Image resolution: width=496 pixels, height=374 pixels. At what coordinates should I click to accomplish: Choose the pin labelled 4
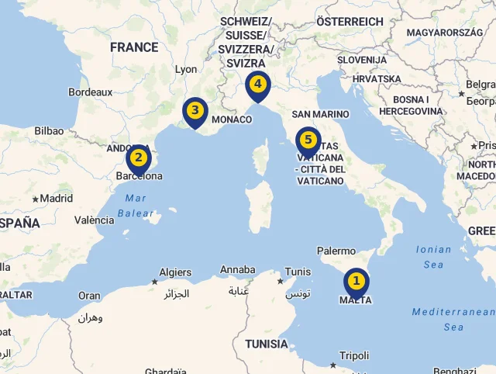click(x=257, y=85)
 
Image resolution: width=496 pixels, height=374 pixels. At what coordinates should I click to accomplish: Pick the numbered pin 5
click(x=308, y=140)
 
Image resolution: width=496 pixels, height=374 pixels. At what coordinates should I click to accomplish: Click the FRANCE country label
click(x=134, y=47)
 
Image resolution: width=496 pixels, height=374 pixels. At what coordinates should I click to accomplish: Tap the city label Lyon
click(x=186, y=69)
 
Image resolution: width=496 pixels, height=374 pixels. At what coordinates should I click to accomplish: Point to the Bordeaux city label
click(x=91, y=92)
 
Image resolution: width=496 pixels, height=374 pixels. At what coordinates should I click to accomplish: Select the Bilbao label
click(x=49, y=131)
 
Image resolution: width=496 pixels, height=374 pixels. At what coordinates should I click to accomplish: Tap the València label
click(x=94, y=220)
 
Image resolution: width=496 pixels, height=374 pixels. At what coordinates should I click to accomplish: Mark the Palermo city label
click(x=336, y=251)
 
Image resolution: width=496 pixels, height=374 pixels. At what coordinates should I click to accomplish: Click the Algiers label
click(x=175, y=272)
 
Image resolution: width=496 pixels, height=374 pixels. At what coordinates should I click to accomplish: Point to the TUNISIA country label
click(x=266, y=344)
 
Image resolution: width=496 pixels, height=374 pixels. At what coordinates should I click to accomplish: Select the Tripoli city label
click(x=354, y=355)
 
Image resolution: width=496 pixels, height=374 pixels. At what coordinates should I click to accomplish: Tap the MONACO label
click(x=232, y=119)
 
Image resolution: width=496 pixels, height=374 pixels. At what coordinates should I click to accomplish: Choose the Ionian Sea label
click(x=433, y=257)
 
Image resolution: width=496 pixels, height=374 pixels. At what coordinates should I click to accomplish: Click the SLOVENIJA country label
click(x=362, y=60)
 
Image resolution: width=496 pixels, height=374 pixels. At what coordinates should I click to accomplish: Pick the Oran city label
click(x=89, y=296)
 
